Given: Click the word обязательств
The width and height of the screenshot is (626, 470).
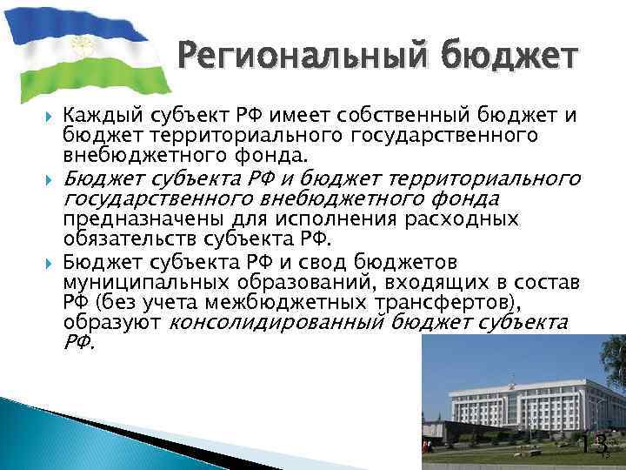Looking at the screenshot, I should pyautogui.click(x=130, y=239).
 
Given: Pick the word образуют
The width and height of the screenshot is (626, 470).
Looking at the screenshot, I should pyautogui.click(x=110, y=323).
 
